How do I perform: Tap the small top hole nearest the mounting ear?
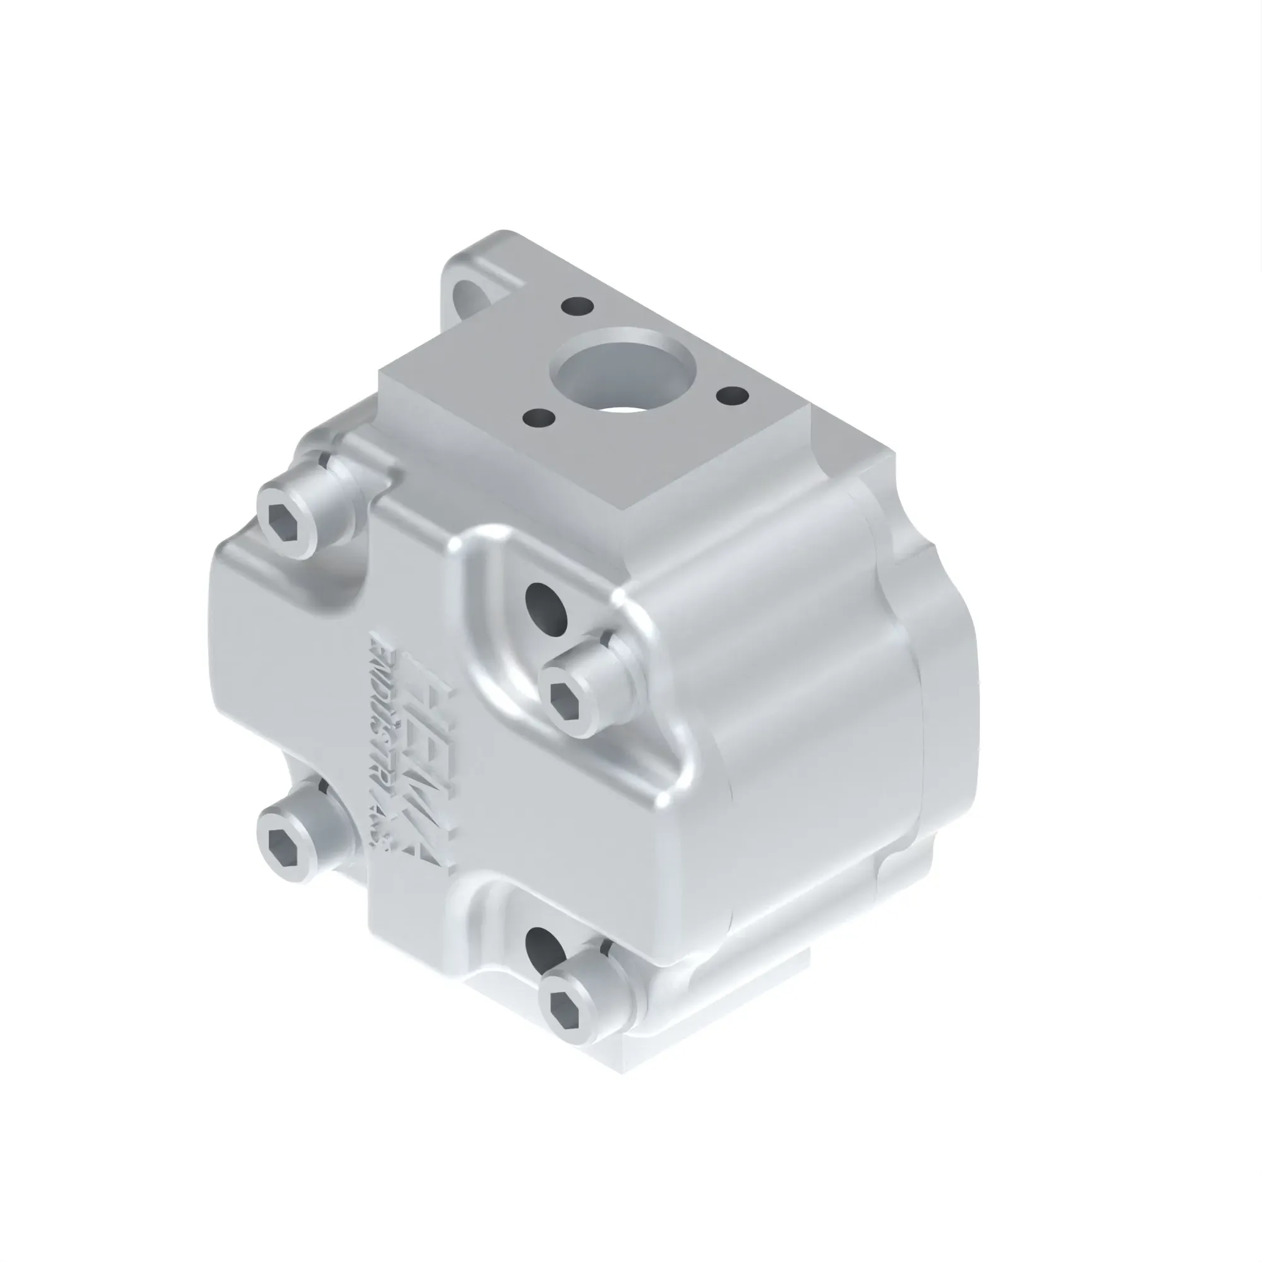tap(577, 305)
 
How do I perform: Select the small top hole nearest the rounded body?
tap(731, 394)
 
